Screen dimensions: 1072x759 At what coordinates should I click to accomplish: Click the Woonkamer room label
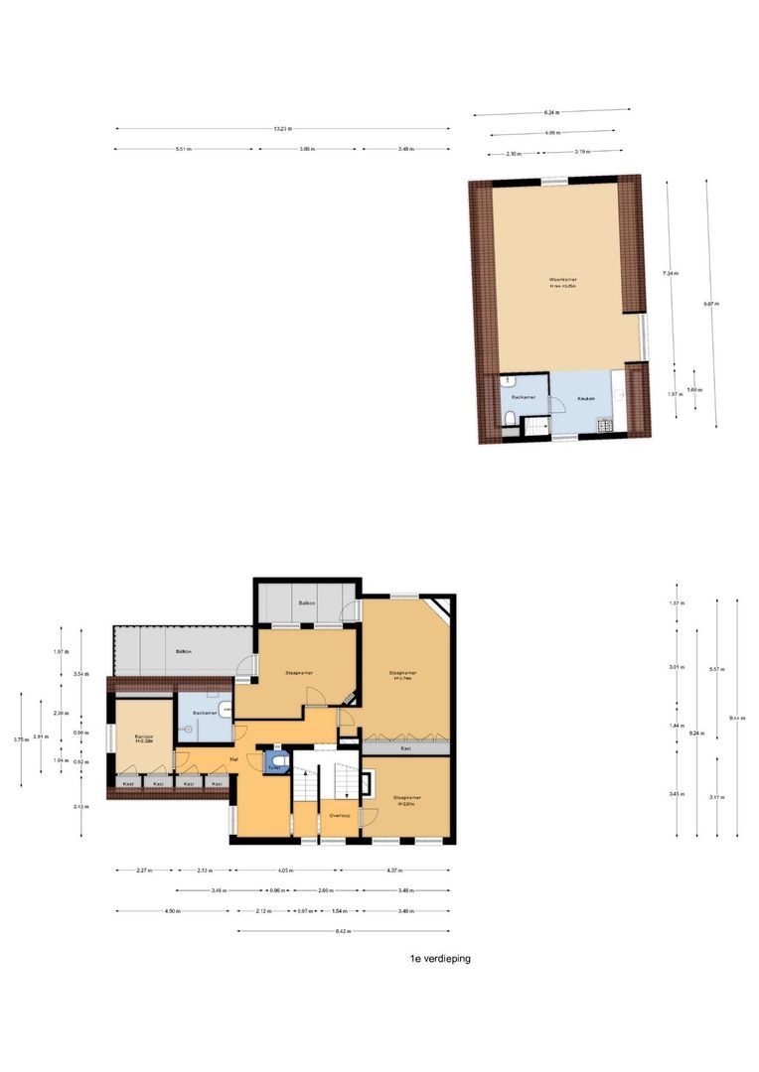pyautogui.click(x=563, y=281)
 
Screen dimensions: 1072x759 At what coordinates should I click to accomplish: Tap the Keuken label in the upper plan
pyautogui.click(x=586, y=398)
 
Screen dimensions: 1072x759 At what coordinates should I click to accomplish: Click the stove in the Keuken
pyautogui.click(x=603, y=427)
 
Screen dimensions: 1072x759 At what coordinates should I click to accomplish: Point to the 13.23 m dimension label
pyautogui.click(x=283, y=128)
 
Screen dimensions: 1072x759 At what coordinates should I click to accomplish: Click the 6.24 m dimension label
pyautogui.click(x=551, y=112)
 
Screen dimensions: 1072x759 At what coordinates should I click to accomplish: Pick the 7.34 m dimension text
pyautogui.click(x=673, y=273)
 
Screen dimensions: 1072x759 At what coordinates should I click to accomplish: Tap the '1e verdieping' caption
pyautogui.click(x=440, y=959)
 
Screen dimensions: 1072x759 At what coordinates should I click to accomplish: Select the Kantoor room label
pyautogui.click(x=142, y=738)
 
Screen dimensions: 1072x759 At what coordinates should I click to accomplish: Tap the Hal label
pyautogui.click(x=233, y=759)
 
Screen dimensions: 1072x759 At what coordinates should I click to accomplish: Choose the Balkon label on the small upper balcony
pyautogui.click(x=307, y=603)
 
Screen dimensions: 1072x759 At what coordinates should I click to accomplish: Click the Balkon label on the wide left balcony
pyautogui.click(x=183, y=651)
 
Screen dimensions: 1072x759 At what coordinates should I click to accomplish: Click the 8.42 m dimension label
pyautogui.click(x=344, y=931)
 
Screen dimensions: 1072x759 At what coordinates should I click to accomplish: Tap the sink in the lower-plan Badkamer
pyautogui.click(x=228, y=709)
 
